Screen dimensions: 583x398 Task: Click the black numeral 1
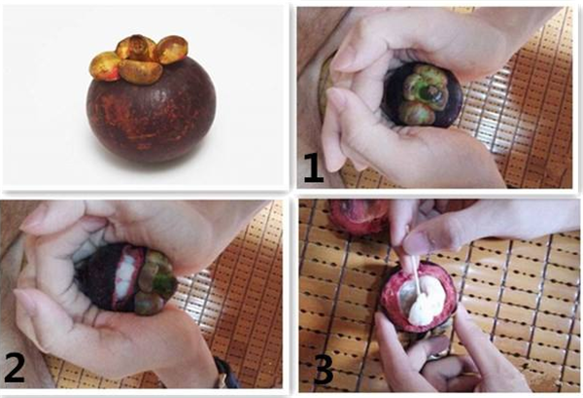(x=313, y=167)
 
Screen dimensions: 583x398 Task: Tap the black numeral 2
(x=15, y=368)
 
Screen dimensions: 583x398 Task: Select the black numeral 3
(x=324, y=370)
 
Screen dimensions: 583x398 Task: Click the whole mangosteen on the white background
(x=151, y=99)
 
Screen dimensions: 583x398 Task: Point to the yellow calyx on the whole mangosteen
(x=139, y=58)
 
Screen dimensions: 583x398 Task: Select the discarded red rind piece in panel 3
(x=358, y=217)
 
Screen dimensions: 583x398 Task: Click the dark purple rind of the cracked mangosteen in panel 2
(x=97, y=276)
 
